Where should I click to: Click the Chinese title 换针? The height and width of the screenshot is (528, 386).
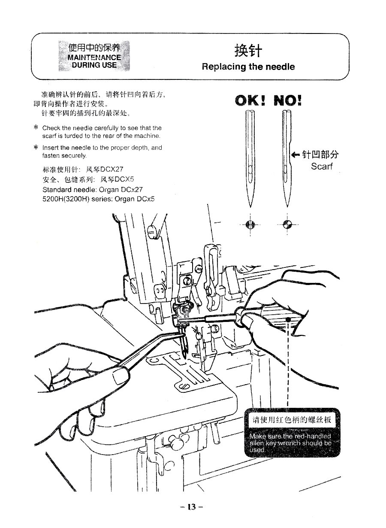(x=248, y=51)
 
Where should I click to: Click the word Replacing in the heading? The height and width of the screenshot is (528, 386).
(x=223, y=67)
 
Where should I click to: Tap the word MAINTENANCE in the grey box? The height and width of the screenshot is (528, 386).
(x=94, y=58)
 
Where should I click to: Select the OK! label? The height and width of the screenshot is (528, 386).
(x=251, y=101)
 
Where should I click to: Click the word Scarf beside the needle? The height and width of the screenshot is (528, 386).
(x=322, y=166)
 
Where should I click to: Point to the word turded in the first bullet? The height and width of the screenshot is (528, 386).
(x=74, y=136)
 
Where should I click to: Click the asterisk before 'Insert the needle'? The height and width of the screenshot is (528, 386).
(x=36, y=148)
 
